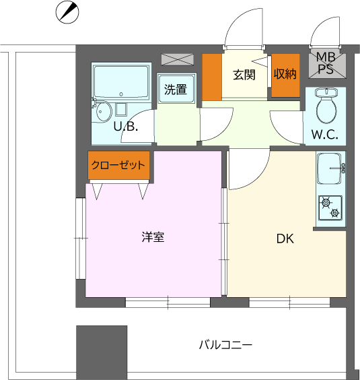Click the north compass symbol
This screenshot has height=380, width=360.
(67, 11)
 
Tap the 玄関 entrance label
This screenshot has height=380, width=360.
(244, 75)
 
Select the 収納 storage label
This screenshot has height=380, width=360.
(285, 75)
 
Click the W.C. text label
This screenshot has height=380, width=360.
(324, 134)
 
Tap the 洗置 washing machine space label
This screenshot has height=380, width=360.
(176, 88)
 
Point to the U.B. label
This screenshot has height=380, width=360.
(125, 126)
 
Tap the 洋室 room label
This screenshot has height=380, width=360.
(153, 237)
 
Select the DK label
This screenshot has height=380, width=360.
(285, 238)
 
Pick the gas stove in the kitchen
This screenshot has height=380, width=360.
(330, 208)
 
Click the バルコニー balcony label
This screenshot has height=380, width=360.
(225, 345)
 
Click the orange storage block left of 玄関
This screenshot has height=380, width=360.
(212, 75)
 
